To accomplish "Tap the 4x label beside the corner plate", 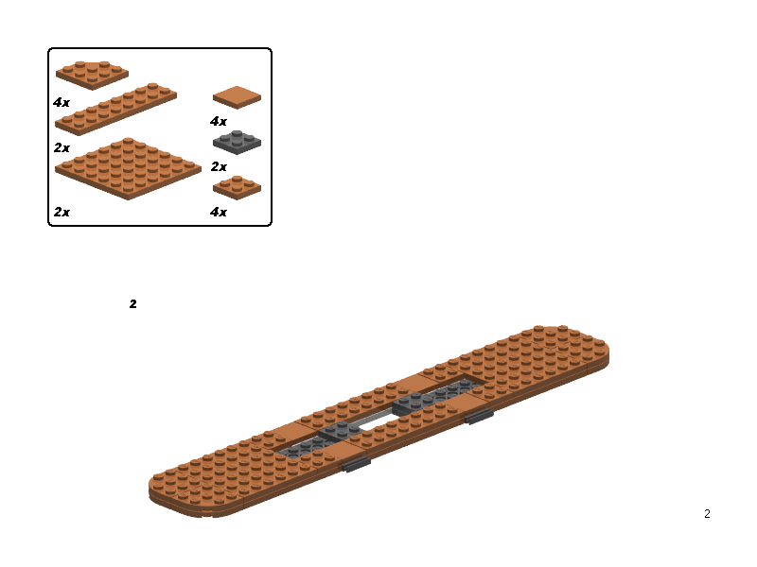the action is (x=62, y=102).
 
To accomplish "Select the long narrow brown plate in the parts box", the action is (x=115, y=109).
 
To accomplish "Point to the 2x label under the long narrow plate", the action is (x=62, y=147).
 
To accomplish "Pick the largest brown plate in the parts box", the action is (x=128, y=169).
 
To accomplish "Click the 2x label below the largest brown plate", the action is (x=62, y=212).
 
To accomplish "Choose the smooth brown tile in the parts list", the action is (x=238, y=97).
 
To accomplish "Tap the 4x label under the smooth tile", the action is (x=219, y=121).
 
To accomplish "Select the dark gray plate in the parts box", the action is (x=238, y=143).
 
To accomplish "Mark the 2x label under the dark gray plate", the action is (x=219, y=167).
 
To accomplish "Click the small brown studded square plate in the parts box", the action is (x=238, y=187).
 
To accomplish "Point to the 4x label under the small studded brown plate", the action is (x=219, y=212).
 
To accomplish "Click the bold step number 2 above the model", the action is (x=133, y=303).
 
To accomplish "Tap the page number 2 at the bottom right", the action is (x=707, y=514).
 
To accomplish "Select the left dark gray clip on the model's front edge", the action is (x=357, y=464).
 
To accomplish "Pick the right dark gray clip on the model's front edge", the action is (x=479, y=416).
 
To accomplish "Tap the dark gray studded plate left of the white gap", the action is (x=341, y=430).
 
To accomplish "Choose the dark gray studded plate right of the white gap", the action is (x=414, y=404).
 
